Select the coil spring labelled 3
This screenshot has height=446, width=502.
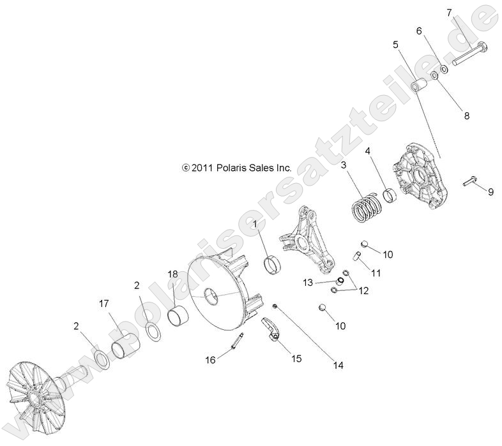click(367, 207)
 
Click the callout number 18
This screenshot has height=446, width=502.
click(172, 274)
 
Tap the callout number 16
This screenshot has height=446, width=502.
click(210, 361)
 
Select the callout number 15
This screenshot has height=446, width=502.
click(296, 359)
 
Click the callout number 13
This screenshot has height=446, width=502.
click(308, 282)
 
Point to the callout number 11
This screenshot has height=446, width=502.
click(376, 272)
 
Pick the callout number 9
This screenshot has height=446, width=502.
click(491, 191)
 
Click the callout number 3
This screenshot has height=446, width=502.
click(343, 165)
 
